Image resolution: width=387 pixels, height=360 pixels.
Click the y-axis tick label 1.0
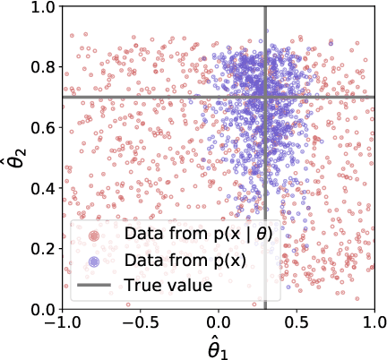pyautogui.click(x=42, y=8)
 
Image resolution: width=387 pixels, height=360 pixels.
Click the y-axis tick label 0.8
pyautogui.click(x=42, y=68)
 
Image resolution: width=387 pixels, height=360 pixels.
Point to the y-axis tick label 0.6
pyautogui.click(x=42, y=128)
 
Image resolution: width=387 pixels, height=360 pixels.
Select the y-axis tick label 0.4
pyautogui.click(x=42, y=188)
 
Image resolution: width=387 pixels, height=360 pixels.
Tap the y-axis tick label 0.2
pyautogui.click(x=42, y=249)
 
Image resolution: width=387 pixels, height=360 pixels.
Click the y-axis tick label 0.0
pyautogui.click(x=42, y=309)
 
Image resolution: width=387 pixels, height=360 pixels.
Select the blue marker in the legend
pyautogui.click(x=94, y=261)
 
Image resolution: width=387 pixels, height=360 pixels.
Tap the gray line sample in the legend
pyautogui.click(x=94, y=287)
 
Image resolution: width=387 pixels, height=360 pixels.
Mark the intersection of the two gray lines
pyautogui.click(x=266, y=97)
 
